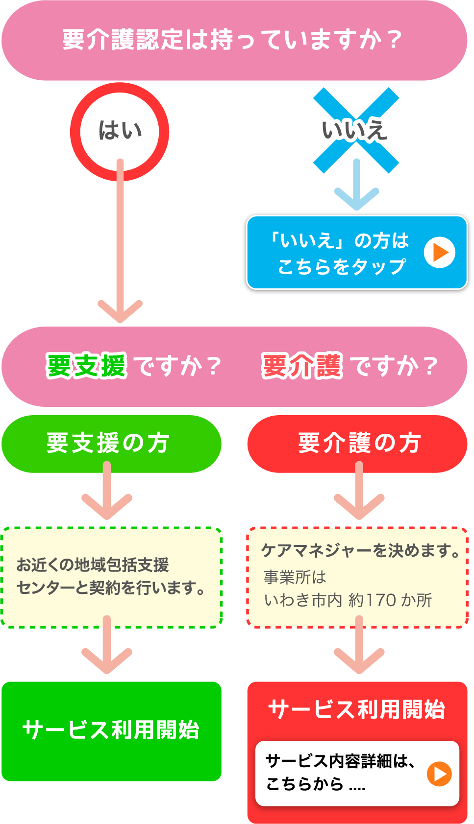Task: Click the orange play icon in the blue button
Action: click(439, 253)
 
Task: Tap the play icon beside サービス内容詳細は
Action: click(439, 774)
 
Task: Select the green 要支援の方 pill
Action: click(111, 444)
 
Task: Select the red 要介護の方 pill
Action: click(357, 444)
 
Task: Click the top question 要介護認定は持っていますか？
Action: click(233, 40)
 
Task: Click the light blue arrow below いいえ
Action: click(356, 186)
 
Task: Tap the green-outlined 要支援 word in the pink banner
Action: click(86, 366)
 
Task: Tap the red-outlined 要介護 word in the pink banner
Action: click(301, 366)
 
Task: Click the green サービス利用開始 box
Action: click(111, 730)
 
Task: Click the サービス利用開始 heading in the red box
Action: click(356, 709)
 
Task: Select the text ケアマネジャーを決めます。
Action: click(361, 551)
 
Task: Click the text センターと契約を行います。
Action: click(111, 588)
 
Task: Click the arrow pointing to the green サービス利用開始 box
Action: click(107, 646)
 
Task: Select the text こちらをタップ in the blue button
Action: click(342, 267)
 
